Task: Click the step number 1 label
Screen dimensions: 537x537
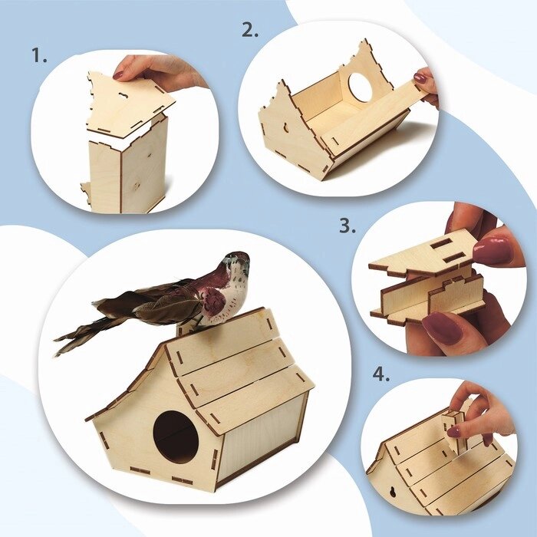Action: click(x=39, y=55)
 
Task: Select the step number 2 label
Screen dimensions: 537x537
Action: click(x=250, y=30)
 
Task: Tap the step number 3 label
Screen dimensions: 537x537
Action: click(x=348, y=226)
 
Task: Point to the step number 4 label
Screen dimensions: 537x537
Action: click(x=381, y=374)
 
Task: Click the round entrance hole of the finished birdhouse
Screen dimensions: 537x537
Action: click(x=176, y=437)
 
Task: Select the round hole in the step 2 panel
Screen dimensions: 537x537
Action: click(x=361, y=87)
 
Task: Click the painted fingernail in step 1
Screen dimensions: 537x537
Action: click(x=118, y=74)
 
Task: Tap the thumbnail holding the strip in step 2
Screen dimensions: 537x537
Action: click(x=420, y=78)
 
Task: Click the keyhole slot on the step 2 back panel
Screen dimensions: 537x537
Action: click(x=285, y=128)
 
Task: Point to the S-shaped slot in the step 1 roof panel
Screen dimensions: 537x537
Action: click(x=123, y=97)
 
